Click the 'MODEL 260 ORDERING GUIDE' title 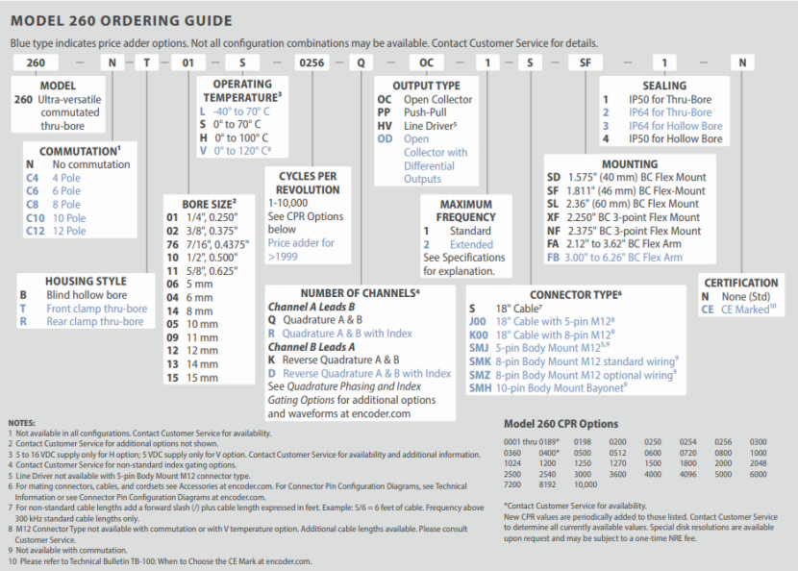(121, 20)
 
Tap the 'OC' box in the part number (427, 62)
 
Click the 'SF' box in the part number (586, 62)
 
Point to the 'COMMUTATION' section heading (80, 151)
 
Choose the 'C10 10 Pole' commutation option (57, 218)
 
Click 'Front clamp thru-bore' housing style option (96, 309)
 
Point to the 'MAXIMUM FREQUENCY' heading (465, 211)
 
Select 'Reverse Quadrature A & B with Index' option (366, 373)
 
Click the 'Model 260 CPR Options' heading (561, 424)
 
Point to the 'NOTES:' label (21, 423)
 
